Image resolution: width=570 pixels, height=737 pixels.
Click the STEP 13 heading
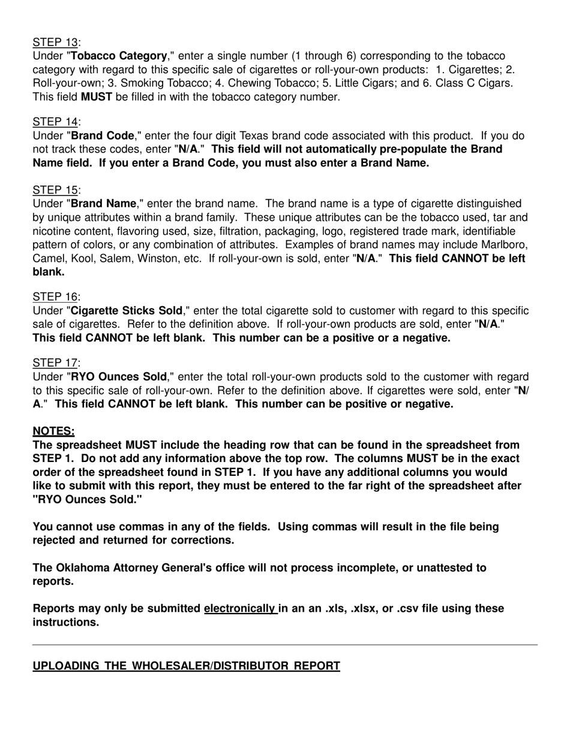tap(55, 42)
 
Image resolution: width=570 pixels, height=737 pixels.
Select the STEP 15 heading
tap(55, 190)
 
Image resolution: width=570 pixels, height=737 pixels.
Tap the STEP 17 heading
tap(55, 363)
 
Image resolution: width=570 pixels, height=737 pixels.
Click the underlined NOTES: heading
tap(53, 431)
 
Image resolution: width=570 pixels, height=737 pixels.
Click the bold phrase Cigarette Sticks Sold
tap(127, 310)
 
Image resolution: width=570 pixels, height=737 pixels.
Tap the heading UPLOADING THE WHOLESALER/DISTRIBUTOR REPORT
tap(186, 666)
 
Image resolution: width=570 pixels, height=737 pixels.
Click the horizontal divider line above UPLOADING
tap(285, 645)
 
